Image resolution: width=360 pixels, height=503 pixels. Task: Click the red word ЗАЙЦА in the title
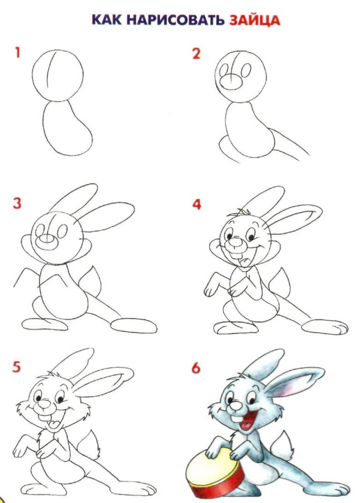pos(254,20)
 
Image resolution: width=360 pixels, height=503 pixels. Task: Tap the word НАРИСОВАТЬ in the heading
pos(176,19)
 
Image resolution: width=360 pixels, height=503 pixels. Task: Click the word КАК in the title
pos(107,19)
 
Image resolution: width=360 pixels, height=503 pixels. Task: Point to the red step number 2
pos(196,53)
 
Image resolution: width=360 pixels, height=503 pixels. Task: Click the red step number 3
pos(17,203)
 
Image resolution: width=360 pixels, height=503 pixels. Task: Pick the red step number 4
pos(197,204)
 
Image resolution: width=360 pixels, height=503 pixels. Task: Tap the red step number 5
pos(17,367)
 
